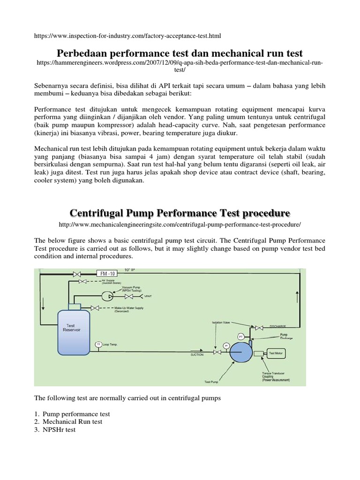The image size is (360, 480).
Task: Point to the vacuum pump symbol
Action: click(x=106, y=296)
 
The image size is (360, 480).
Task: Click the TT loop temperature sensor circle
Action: click(x=98, y=345)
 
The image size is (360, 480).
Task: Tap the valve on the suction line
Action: click(x=217, y=352)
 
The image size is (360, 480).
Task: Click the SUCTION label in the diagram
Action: click(x=197, y=355)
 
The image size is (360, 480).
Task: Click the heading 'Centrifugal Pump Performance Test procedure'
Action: click(x=180, y=213)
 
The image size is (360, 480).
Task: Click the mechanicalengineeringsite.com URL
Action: click(x=180, y=225)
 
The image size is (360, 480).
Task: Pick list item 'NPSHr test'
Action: click(x=59, y=429)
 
